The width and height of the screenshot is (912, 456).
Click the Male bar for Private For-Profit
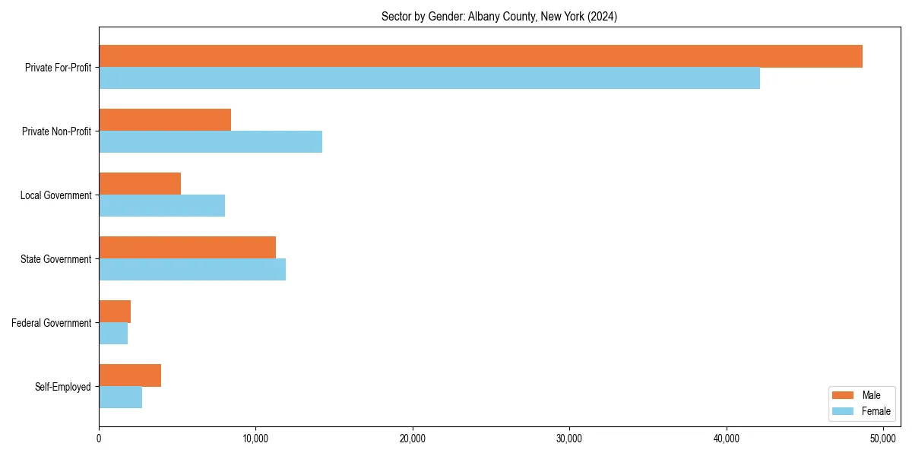click(x=480, y=56)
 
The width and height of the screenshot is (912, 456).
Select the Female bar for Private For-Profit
click(x=429, y=78)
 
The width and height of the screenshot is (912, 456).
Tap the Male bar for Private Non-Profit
click(x=165, y=120)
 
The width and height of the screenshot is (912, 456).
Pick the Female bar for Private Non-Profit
click(x=211, y=142)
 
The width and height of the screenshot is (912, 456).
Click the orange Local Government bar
click(x=140, y=184)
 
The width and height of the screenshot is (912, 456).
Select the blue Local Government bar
click(x=162, y=206)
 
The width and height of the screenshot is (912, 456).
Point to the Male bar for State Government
click(x=187, y=248)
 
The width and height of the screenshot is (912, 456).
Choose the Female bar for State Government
click(x=192, y=270)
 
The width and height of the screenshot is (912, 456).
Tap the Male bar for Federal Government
click(x=115, y=312)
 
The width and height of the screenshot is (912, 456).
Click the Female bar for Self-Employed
click(x=120, y=397)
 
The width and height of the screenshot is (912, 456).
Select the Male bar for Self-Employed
click(x=130, y=375)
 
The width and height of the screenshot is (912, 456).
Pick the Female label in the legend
click(x=876, y=411)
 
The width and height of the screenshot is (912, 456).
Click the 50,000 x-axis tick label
click(x=883, y=439)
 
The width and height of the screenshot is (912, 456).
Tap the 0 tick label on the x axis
click(x=99, y=439)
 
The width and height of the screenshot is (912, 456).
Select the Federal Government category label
click(x=52, y=323)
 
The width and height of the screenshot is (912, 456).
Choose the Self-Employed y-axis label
click(x=63, y=387)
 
